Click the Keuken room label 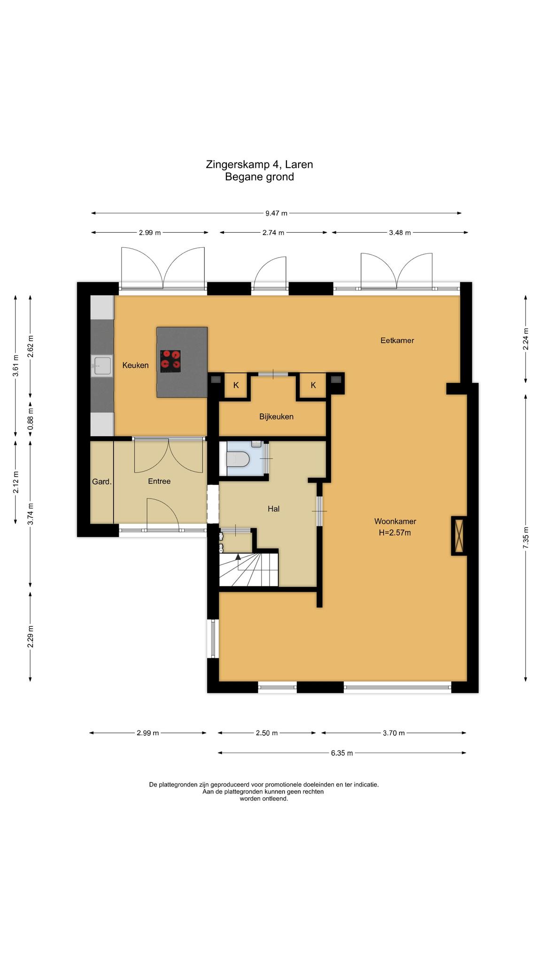(135, 365)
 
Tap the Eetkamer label (397, 341)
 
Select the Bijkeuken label (276, 417)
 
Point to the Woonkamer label (395, 521)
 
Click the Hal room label (273, 509)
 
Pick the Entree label (159, 481)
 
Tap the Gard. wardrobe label (102, 481)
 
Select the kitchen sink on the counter (102, 366)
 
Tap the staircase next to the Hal (249, 570)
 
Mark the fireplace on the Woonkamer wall (459, 536)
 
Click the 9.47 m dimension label (276, 214)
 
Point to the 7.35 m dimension (526, 537)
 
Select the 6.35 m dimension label (342, 753)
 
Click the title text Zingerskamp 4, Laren (259, 165)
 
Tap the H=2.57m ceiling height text (395, 533)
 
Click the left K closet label (236, 385)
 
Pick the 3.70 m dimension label (394, 733)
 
